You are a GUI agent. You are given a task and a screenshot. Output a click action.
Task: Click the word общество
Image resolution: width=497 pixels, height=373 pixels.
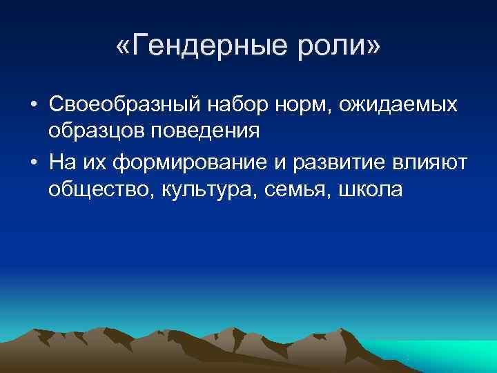point(99,189)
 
